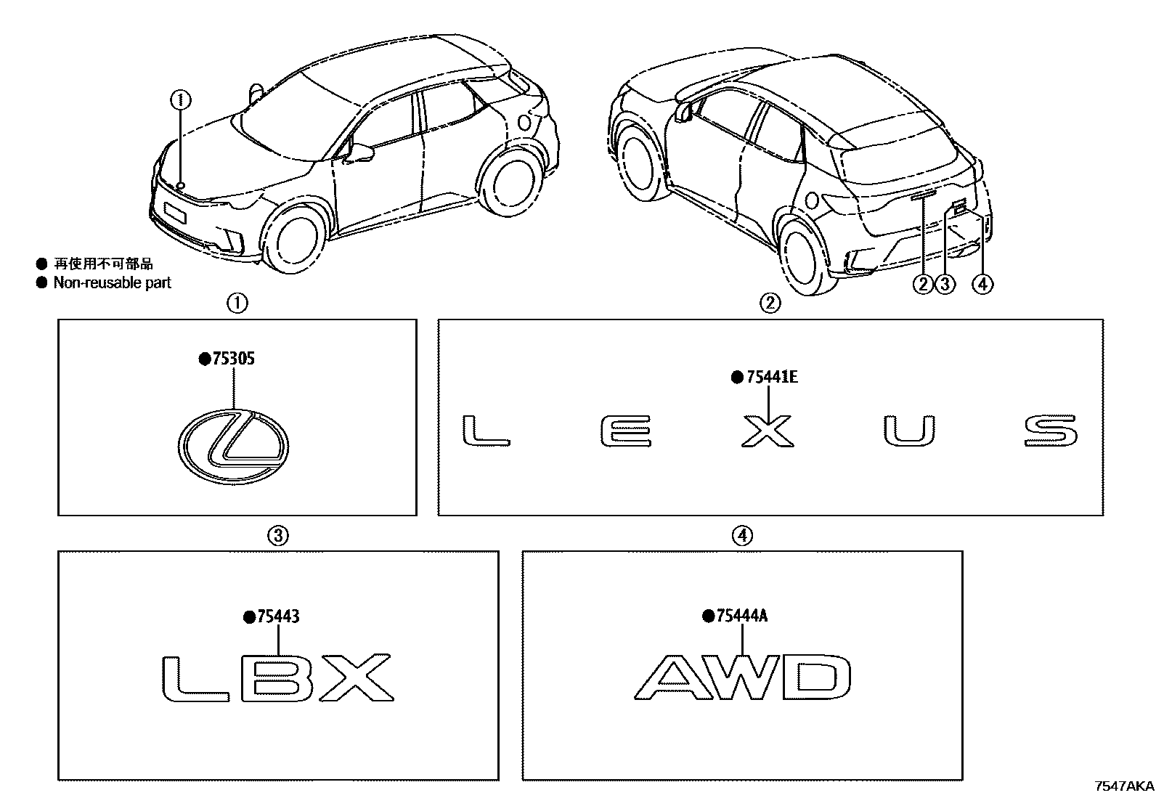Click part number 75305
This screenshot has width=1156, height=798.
coord(232,359)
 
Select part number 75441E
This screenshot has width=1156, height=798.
coord(770,377)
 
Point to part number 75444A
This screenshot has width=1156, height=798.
coord(741,616)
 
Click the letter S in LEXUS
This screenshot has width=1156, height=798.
coord(1051,431)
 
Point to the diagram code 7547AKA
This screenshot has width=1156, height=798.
coord(1124,786)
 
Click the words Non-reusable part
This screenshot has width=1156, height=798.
coord(112,282)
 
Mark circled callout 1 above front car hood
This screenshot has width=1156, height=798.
coord(181,99)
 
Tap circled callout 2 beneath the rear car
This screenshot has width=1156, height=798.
coord(923,284)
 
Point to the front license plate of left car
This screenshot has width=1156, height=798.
coord(175,213)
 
